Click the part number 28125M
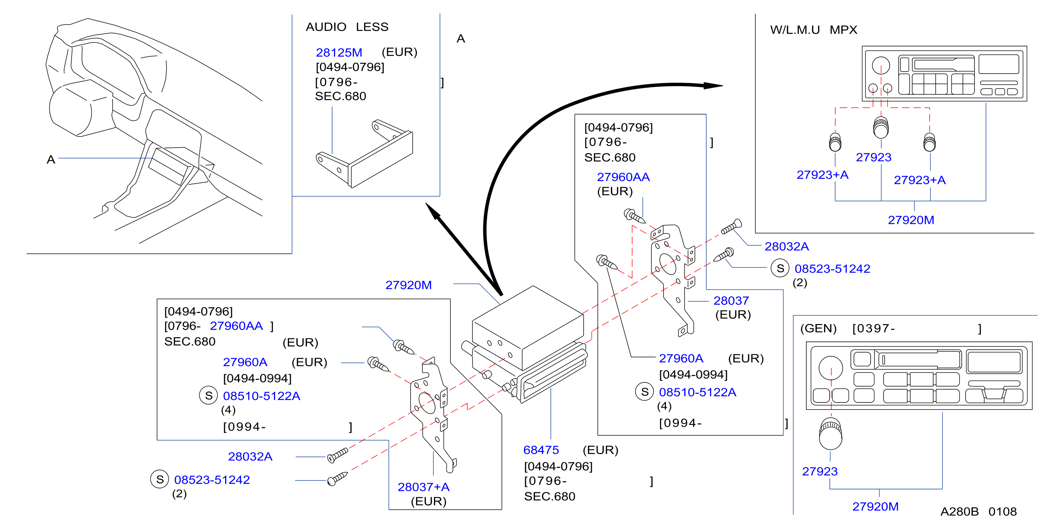tap(339, 52)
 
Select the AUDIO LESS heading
tap(347, 27)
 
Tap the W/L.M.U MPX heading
tap(814, 30)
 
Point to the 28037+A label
tap(423, 487)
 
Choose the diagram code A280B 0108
tap(978, 512)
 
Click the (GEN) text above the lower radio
tap(818, 329)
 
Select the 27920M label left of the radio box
tap(408, 285)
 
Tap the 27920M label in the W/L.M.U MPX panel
tap(911, 220)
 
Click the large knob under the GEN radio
tap(830, 433)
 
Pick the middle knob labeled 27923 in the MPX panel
tap(880, 127)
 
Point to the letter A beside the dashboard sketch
tap(51, 160)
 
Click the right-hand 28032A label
tap(786, 246)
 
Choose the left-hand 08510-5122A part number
tap(262, 396)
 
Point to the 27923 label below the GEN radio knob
tap(820, 471)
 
